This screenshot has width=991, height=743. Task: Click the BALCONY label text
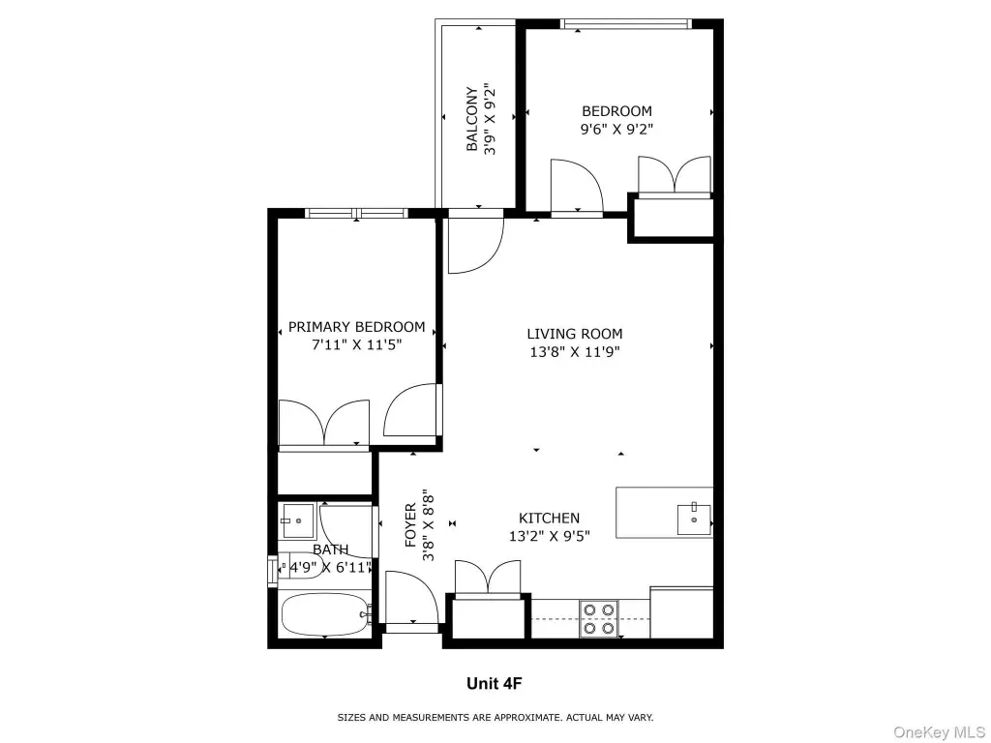pos(471,119)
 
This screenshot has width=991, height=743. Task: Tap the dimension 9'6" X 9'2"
pos(616,130)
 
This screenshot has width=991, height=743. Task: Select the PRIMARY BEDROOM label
pos(356,327)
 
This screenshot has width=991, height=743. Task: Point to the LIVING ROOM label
pos(575,334)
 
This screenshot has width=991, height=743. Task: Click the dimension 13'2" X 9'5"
pos(550,536)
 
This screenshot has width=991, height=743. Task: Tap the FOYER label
pos(410,524)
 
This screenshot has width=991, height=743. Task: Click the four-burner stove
pos(598,619)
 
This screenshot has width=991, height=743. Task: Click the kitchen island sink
pos(694,520)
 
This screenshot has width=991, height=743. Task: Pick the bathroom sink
pos(298,521)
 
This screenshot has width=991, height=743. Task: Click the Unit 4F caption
pos(495,683)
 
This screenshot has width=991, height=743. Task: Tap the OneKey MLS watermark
pos(939,732)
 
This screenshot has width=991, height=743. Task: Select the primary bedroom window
pos(356,213)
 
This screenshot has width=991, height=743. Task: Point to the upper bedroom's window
pos(625,24)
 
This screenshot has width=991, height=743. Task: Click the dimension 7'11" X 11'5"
pos(356,345)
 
